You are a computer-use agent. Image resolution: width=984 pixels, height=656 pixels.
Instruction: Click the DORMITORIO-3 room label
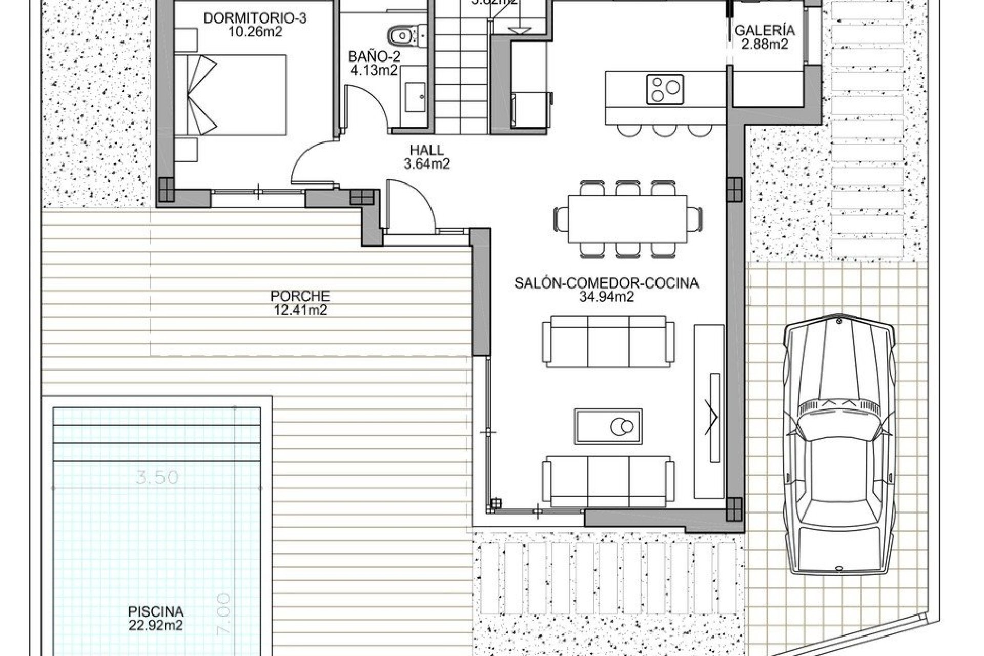(x=255, y=18)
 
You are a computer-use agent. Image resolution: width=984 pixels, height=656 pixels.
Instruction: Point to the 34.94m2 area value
(x=607, y=296)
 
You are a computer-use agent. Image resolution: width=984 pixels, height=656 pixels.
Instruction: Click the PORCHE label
(x=300, y=296)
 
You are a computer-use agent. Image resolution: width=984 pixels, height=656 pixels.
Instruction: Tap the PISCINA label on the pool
(x=156, y=611)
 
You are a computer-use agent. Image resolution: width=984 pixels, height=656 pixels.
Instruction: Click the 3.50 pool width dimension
(x=157, y=477)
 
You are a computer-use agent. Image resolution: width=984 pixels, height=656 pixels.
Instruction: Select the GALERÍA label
(x=765, y=31)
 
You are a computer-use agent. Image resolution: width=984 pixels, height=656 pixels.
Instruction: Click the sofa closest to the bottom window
(x=608, y=482)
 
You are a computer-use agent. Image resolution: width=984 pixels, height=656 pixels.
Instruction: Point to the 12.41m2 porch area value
(x=300, y=310)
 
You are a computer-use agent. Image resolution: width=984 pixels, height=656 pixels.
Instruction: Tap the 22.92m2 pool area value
(x=156, y=625)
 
